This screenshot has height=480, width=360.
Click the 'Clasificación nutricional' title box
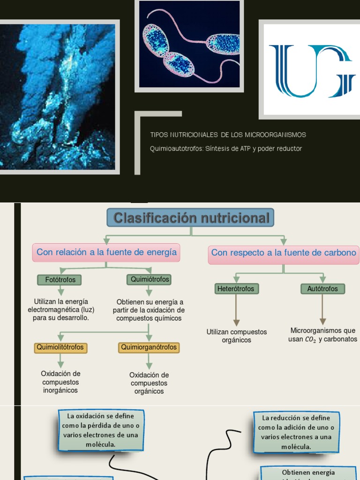click(x=190, y=218)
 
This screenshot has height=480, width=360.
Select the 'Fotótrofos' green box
click(x=60, y=280)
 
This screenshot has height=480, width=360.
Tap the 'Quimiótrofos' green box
click(x=149, y=279)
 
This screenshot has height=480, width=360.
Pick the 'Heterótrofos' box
click(x=235, y=289)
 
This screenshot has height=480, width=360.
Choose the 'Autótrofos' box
click(x=322, y=289)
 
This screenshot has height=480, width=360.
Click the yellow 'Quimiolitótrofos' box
click(x=60, y=347)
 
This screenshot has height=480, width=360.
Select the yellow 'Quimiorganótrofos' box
click(x=149, y=347)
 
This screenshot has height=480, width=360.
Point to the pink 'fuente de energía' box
click(x=106, y=252)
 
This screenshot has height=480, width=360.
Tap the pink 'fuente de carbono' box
click(x=284, y=253)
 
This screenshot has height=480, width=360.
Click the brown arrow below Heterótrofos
click(x=236, y=310)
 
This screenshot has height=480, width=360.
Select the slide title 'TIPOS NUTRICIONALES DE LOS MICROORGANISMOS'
click(x=228, y=135)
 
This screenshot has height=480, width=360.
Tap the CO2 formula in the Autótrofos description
click(x=310, y=339)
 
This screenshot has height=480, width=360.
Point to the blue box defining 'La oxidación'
click(x=101, y=430)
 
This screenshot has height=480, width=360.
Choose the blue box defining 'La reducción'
click(x=296, y=432)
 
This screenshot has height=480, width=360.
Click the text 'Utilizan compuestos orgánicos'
click(x=236, y=336)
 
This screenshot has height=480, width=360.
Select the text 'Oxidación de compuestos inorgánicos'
click(x=60, y=382)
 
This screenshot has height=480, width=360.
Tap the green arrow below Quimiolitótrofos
click(x=60, y=360)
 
